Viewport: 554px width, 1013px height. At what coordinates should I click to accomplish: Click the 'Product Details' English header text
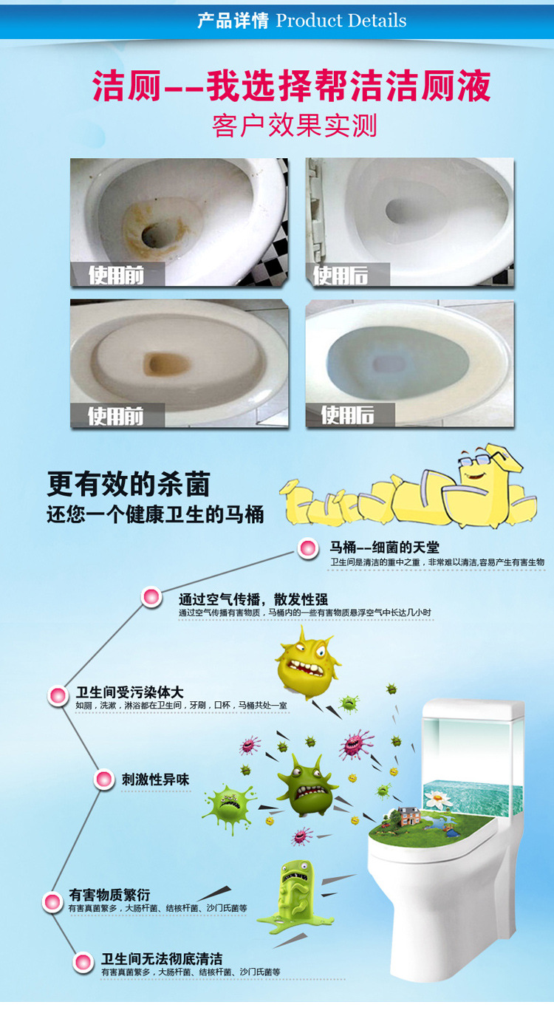[x=341, y=21]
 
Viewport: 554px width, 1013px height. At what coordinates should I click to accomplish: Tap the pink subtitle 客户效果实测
[x=295, y=126]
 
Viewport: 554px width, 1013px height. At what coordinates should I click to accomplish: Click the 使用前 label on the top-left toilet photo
[x=116, y=275]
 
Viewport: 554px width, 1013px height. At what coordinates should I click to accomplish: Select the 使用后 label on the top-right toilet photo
[x=341, y=275]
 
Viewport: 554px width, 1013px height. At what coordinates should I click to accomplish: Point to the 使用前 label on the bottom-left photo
[x=115, y=415]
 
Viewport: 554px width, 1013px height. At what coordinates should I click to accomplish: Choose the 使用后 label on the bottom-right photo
[x=347, y=415]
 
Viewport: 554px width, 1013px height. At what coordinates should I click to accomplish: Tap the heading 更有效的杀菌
[x=129, y=484]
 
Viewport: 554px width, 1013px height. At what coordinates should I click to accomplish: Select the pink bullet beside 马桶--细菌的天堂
[x=308, y=548]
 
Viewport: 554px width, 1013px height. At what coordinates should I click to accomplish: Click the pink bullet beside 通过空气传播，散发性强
[x=151, y=597]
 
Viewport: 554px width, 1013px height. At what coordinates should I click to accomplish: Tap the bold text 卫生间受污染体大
[x=130, y=692]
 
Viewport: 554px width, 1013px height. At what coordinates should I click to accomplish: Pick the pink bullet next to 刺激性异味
[x=103, y=780]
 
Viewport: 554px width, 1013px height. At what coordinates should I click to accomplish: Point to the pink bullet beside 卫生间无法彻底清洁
[x=83, y=961]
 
